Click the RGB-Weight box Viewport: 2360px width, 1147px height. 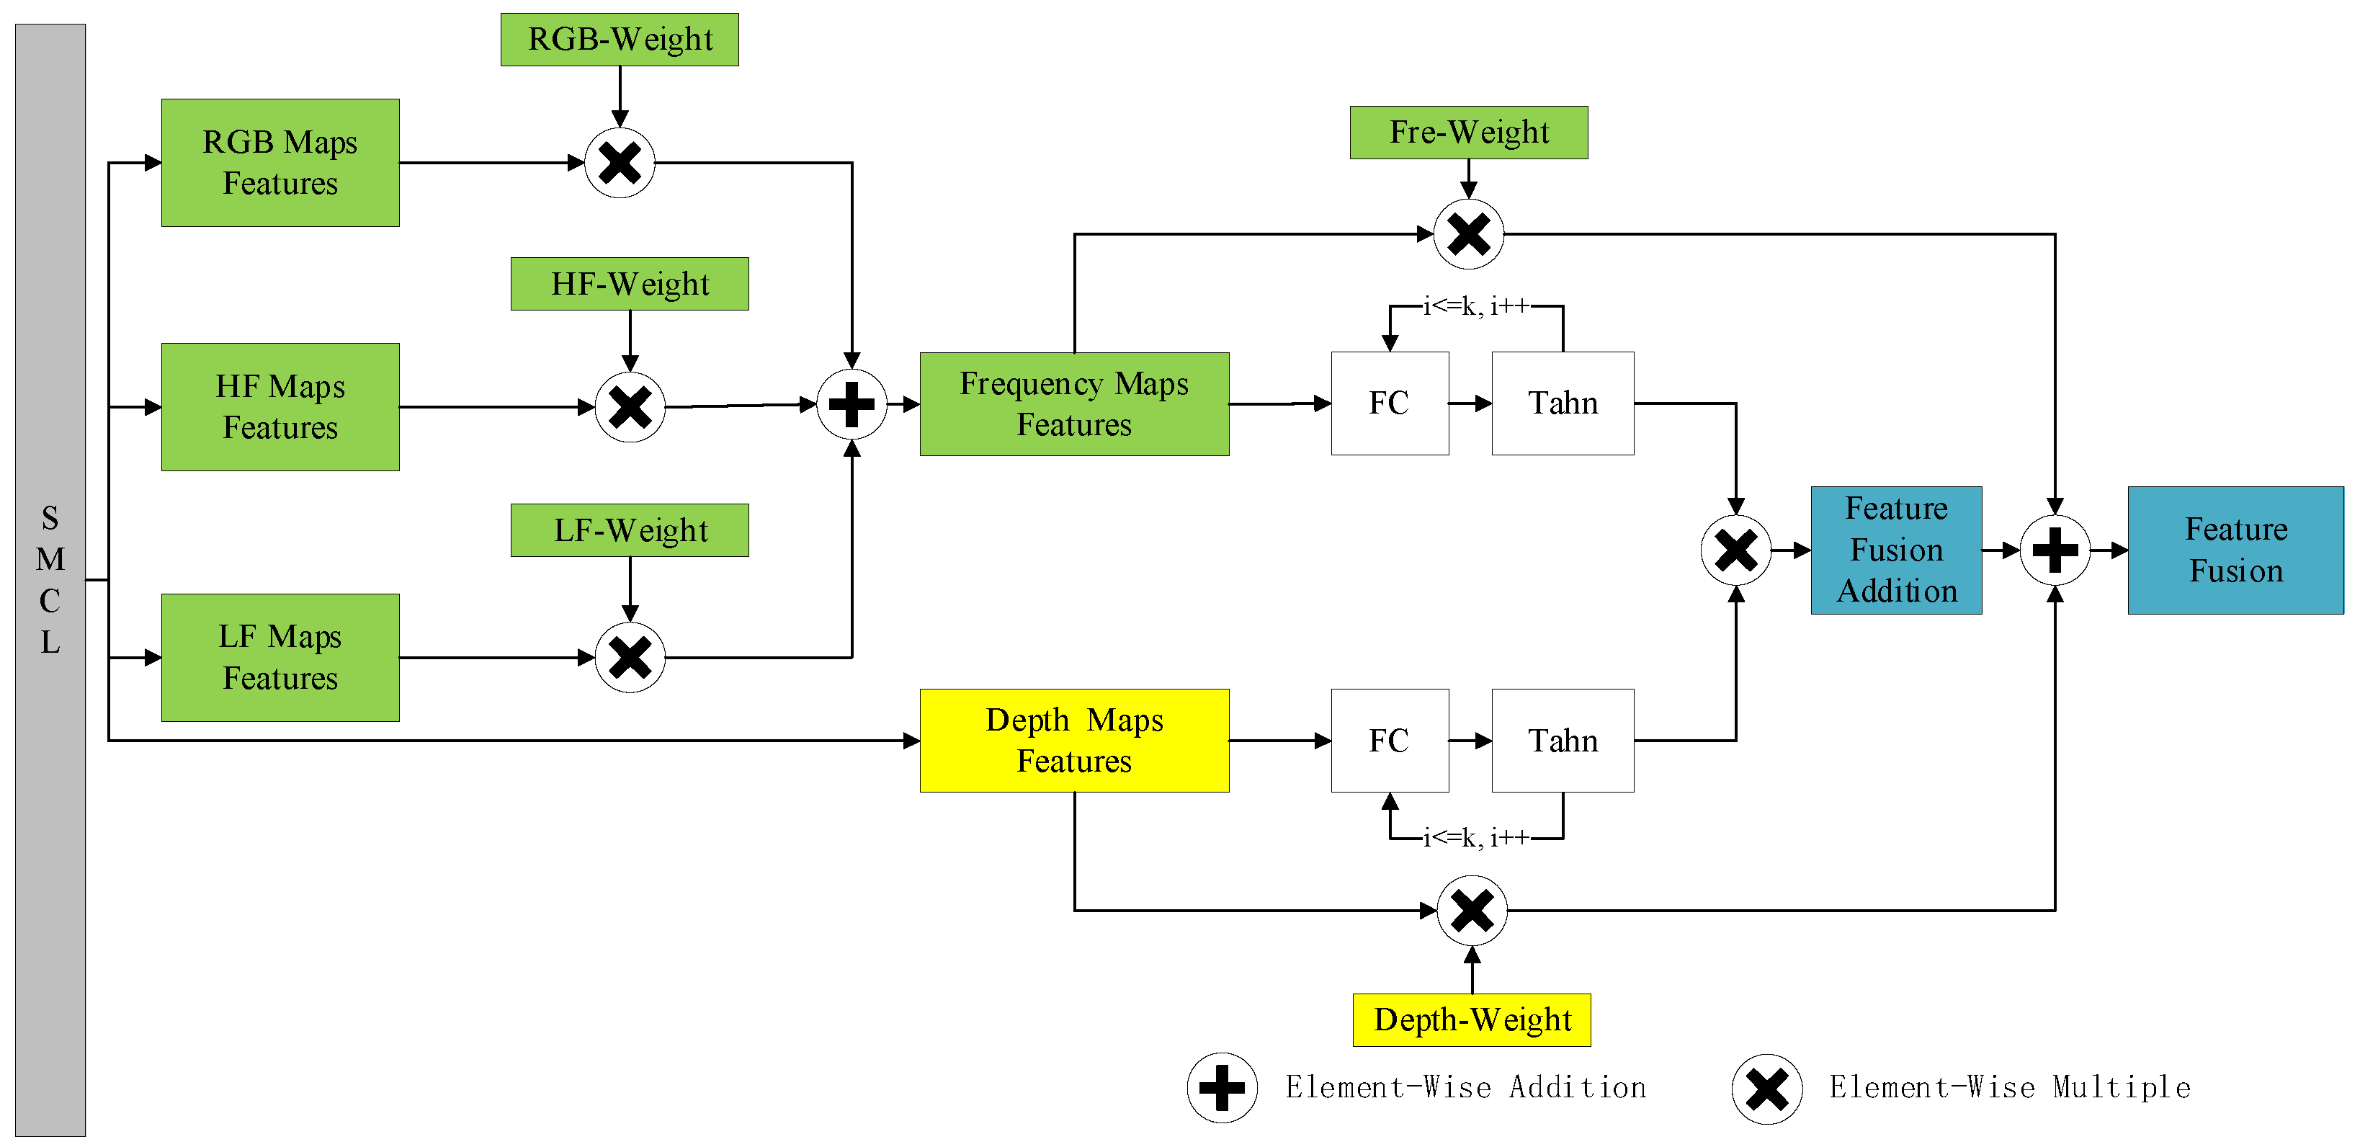click(x=620, y=40)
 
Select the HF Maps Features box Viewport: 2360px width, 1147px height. click(x=280, y=407)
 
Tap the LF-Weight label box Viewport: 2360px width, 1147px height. click(x=630, y=530)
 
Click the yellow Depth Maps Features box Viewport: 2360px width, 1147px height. click(x=1073, y=740)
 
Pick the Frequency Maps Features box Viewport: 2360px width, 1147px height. click(x=1073, y=404)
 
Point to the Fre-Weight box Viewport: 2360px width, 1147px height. click(x=1469, y=133)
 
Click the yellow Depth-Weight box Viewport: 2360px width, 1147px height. click(x=1471, y=1019)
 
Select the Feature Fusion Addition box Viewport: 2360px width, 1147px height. click(x=1896, y=550)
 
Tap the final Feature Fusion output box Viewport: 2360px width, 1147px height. click(x=2235, y=550)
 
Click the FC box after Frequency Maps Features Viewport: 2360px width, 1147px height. click(x=1389, y=403)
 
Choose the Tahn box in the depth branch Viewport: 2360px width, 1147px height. click(x=1562, y=740)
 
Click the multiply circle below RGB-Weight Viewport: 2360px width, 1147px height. click(x=620, y=163)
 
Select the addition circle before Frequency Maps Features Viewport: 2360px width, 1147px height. click(x=851, y=404)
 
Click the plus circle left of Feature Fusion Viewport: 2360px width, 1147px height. click(x=2055, y=550)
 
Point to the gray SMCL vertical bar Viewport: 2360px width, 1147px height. click(x=50, y=579)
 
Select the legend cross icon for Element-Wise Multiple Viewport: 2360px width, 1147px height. click(x=1766, y=1089)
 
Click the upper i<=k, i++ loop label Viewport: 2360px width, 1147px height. click(x=1475, y=306)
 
